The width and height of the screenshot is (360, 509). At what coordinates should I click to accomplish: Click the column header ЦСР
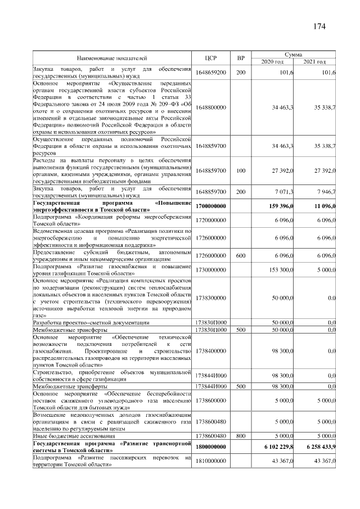coord(211,57)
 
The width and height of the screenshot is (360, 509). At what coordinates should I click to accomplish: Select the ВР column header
coord(241,57)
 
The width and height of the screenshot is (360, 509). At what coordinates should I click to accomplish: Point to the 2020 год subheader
coord(272,61)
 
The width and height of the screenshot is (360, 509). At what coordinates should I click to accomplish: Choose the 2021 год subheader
coord(315,61)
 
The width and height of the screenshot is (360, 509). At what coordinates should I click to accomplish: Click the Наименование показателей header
coord(112,57)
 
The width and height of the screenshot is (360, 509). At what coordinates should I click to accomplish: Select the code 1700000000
coord(211,206)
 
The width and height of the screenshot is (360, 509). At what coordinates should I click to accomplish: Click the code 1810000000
coord(211,461)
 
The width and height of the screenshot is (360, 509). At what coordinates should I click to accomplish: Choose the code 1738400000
coord(211,350)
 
